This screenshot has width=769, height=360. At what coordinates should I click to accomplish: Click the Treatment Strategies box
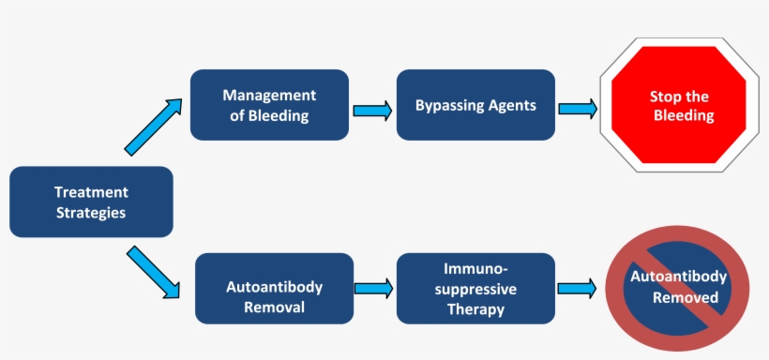coord(91,202)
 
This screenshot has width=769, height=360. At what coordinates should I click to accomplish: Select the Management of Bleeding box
coord(269,105)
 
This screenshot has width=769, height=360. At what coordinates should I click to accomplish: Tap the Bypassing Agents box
coord(475,105)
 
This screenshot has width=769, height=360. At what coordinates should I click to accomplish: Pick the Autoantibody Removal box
coord(274,289)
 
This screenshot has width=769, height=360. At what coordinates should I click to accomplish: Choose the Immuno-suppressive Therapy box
coord(475,288)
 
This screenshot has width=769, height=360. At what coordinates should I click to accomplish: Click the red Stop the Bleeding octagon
coord(679,106)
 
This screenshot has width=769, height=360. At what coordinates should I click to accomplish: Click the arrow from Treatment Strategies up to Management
coord(153,126)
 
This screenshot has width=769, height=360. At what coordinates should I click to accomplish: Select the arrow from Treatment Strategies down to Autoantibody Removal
coord(153,271)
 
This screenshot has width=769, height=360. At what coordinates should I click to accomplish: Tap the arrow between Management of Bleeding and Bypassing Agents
coord(372,111)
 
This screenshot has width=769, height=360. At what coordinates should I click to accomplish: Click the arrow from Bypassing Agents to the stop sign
coord(577,109)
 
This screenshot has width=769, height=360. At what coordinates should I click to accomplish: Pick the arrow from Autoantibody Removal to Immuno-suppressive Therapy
coord(372,288)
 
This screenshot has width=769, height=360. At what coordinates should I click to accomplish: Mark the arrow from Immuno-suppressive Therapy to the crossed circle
coord(577,289)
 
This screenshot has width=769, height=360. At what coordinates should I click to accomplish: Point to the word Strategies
coord(90,212)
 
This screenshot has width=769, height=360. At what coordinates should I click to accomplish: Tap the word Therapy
coord(475,309)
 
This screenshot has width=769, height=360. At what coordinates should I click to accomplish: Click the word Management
coord(269,96)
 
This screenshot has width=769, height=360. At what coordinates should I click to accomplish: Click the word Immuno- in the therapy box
coord(475,268)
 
